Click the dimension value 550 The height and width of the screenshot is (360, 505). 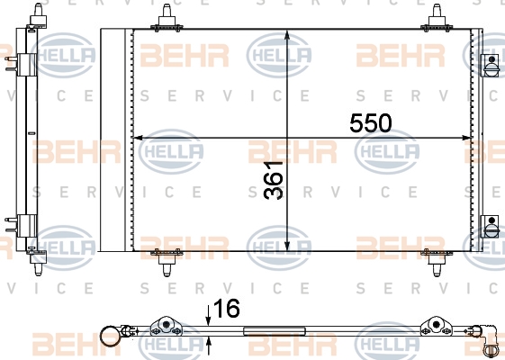point(371,123)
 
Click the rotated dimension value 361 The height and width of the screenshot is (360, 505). point(273,181)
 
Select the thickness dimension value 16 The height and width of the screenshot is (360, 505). point(227,309)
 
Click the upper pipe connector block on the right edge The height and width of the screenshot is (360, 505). point(491,66)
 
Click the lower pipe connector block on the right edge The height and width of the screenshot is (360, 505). point(491,227)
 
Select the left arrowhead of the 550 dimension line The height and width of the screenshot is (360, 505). point(138,138)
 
